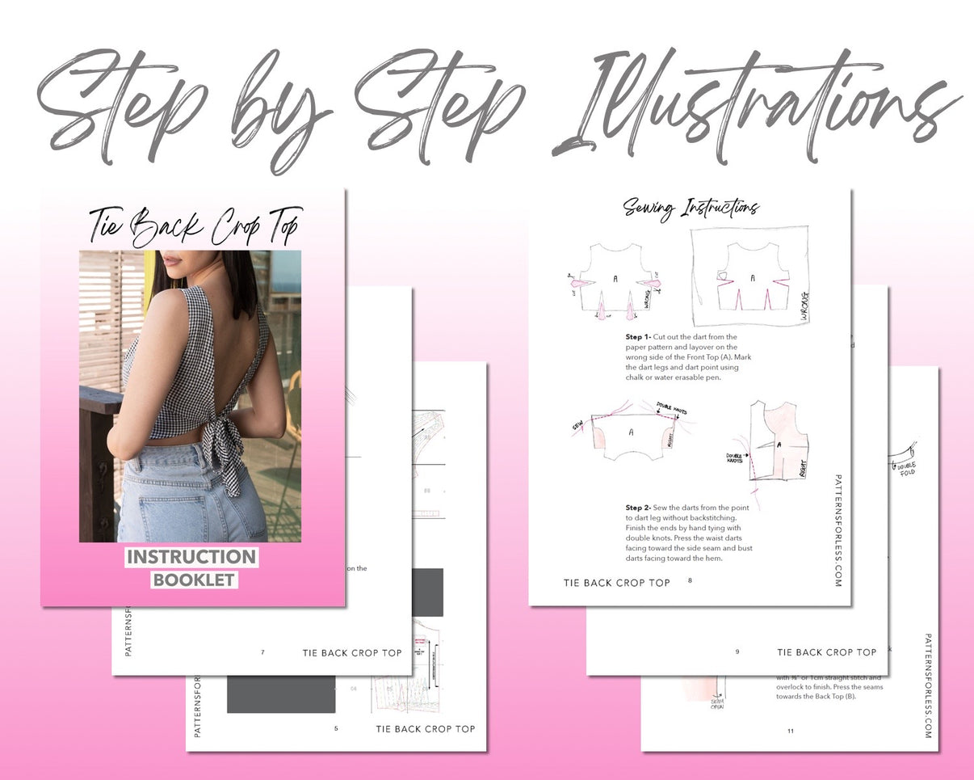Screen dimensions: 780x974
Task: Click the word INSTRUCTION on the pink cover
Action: click(191, 557)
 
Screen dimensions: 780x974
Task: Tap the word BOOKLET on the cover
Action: click(194, 580)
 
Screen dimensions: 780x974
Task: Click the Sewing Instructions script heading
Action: click(691, 209)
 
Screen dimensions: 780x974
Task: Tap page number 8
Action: click(689, 580)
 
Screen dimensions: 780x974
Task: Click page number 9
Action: click(737, 651)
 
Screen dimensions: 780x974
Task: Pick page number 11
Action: click(790, 731)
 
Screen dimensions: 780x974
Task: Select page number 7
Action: click(262, 651)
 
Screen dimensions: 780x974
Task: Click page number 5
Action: click(336, 728)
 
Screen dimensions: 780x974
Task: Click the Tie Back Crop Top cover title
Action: click(194, 226)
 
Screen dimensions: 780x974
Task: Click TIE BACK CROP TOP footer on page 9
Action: click(826, 652)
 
